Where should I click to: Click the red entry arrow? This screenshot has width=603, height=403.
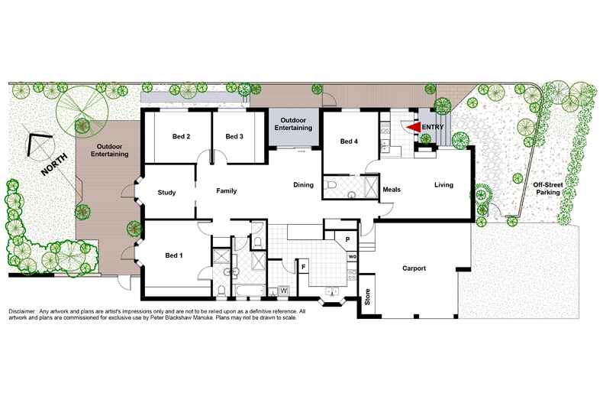tap(412, 128)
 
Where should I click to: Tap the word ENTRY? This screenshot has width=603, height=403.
tap(432, 128)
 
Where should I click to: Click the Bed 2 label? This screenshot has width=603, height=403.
tap(181, 137)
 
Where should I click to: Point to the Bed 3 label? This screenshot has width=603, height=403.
tap(234, 137)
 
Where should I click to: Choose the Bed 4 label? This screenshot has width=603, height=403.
tap(349, 141)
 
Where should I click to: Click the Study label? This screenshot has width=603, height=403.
tap(166, 193)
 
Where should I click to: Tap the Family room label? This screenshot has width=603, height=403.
tap(227, 190)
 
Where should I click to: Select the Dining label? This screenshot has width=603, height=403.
tap(305, 184)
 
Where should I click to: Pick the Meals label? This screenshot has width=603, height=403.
tap(392, 189)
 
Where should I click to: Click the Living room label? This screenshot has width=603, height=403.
tap(443, 184)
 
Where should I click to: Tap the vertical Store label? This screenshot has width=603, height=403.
tap(367, 296)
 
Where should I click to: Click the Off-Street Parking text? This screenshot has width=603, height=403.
tap(548, 189)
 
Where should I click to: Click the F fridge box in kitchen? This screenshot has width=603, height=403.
tap(304, 266)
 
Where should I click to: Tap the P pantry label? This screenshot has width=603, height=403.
tap(348, 240)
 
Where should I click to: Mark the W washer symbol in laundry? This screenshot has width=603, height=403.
tap(283, 291)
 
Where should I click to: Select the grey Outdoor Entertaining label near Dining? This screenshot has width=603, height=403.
tap(293, 125)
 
